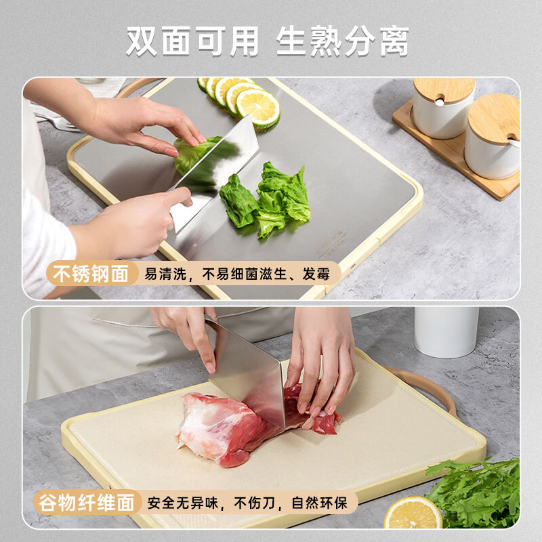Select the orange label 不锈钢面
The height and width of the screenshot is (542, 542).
point(91,274)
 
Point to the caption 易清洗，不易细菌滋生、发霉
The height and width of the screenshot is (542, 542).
point(241,274)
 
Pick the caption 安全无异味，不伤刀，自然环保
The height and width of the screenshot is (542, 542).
point(247,503)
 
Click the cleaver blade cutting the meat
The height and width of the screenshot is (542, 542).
point(247,373)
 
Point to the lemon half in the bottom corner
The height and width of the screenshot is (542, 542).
point(413,515)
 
